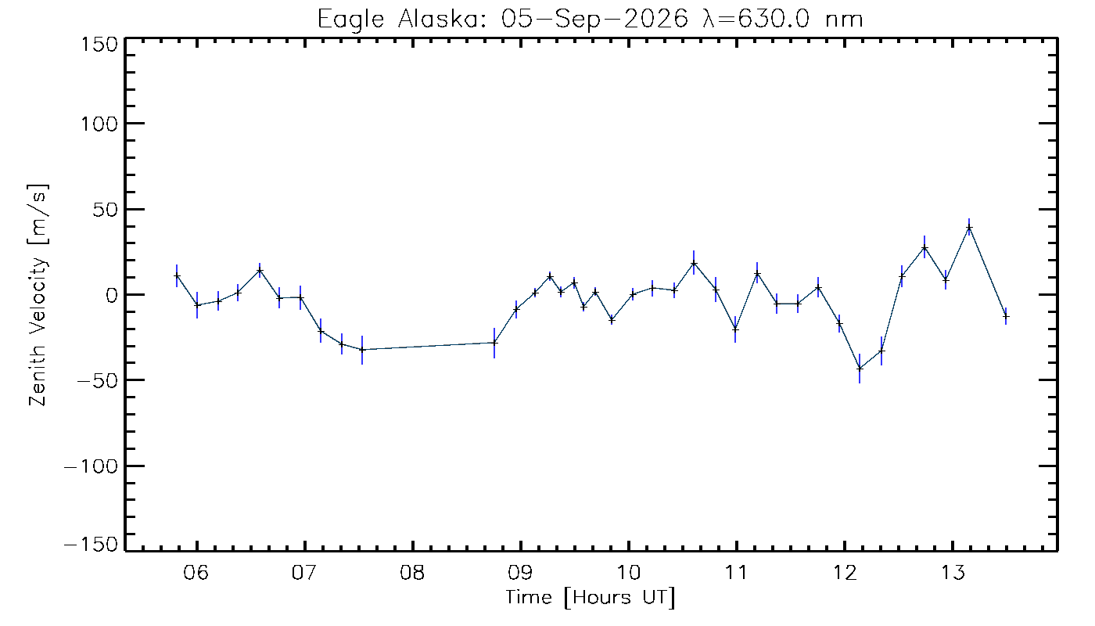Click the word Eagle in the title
[x=351, y=20]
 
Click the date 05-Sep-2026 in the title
[x=594, y=20]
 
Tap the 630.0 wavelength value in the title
[x=774, y=20]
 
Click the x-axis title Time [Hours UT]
[x=590, y=598]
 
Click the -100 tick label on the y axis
[x=92, y=466]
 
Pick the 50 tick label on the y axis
[x=105, y=210]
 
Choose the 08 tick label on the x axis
[x=412, y=572]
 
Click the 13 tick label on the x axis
[x=953, y=572]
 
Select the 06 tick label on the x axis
[x=196, y=572]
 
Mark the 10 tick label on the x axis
[x=629, y=572]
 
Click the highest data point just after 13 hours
[x=969, y=228]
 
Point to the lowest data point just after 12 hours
[x=860, y=369]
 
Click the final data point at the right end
[x=1006, y=316]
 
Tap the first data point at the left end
[x=177, y=275]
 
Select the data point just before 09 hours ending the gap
[x=494, y=343]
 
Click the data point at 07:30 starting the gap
[x=362, y=349]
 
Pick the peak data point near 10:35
[x=694, y=263]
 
